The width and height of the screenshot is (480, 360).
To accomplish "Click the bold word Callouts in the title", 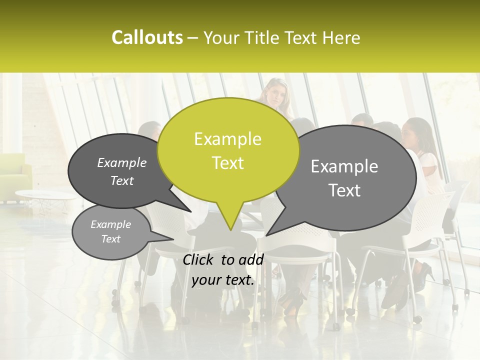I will (147, 37).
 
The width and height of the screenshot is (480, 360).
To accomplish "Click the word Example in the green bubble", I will (227, 139).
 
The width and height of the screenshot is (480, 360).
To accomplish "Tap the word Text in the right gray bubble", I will (344, 190).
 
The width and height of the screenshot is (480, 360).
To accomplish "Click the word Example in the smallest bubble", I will (110, 224).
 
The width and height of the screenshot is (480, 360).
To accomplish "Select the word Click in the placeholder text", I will (198, 259).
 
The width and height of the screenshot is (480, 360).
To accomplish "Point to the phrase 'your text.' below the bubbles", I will (223, 280).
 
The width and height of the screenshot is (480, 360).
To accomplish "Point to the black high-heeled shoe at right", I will (423, 274).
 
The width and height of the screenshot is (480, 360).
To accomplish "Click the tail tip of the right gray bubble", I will (266, 234).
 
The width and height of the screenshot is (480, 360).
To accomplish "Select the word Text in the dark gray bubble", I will (122, 181).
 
